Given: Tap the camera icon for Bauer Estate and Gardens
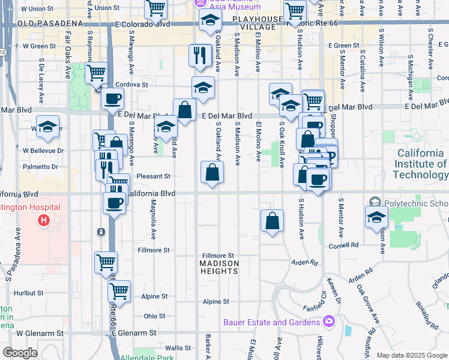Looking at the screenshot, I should pos(328,322).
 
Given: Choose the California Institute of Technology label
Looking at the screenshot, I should pos(421,164).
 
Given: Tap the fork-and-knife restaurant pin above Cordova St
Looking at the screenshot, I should pos(200,55).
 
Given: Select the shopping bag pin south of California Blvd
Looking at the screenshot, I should pos(272,220).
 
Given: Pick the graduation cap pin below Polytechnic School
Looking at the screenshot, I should pos(376,217).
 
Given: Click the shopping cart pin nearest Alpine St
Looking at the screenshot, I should pos(119,291).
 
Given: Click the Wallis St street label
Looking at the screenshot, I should pos(178,347).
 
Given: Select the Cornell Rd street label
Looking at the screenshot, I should pos(343,245).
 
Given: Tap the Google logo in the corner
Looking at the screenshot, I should pos(20,353).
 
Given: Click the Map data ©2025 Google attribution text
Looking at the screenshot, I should pos(411,355).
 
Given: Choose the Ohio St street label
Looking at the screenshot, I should pos(154,316).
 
